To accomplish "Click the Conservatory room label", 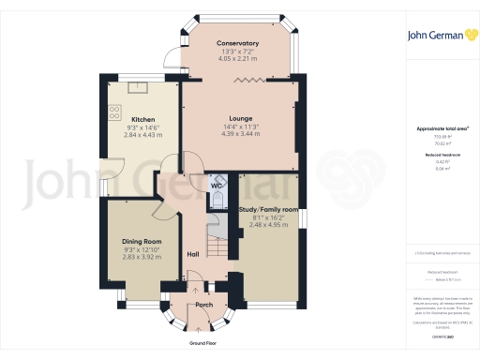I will pyautogui.click(x=237, y=44).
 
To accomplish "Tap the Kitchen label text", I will pyautogui.click(x=142, y=119).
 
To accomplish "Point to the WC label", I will pyautogui.click(x=215, y=186).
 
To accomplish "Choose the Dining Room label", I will pyautogui.click(x=142, y=241).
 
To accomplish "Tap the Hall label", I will pyautogui.click(x=193, y=254).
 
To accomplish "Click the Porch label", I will pyautogui.click(x=202, y=306).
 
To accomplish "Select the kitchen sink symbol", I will pyautogui.click(x=137, y=88).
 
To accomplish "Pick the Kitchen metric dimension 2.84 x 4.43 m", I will pyautogui.click(x=142, y=135).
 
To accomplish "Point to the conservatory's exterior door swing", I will pyautogui.click(x=172, y=58).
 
